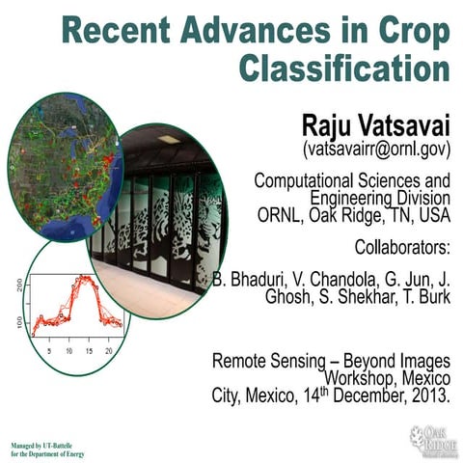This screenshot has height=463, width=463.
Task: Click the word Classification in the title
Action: [344, 70]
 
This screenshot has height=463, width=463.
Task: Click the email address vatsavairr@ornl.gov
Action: [376, 150]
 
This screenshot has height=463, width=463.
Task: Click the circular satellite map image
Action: [64, 165]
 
